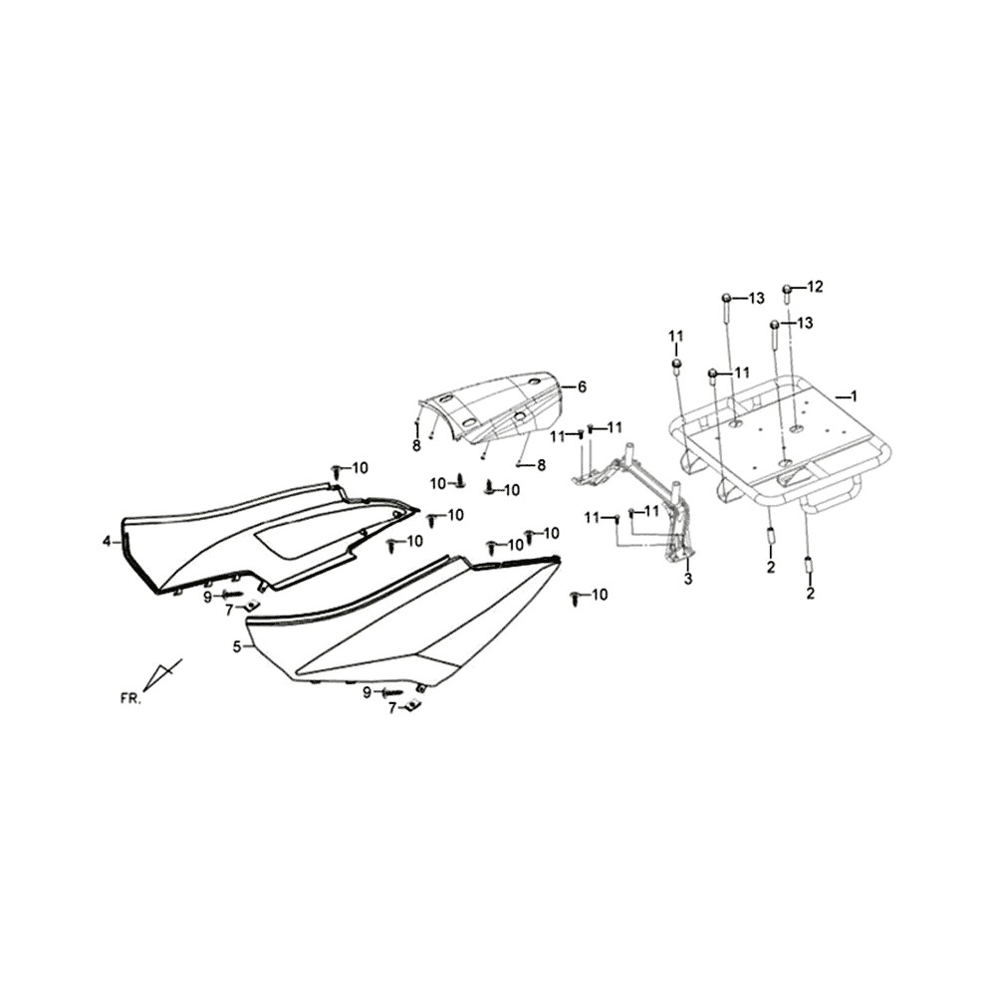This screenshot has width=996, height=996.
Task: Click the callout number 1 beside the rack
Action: [x=854, y=396]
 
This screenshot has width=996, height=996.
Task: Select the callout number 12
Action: [x=815, y=287]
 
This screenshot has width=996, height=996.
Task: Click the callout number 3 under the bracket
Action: [x=688, y=579]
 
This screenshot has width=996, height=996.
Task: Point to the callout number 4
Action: [x=107, y=541]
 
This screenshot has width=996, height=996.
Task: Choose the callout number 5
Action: [x=237, y=647]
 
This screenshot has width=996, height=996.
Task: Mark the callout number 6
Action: [x=582, y=386]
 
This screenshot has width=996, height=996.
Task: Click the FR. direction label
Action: [x=129, y=699]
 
